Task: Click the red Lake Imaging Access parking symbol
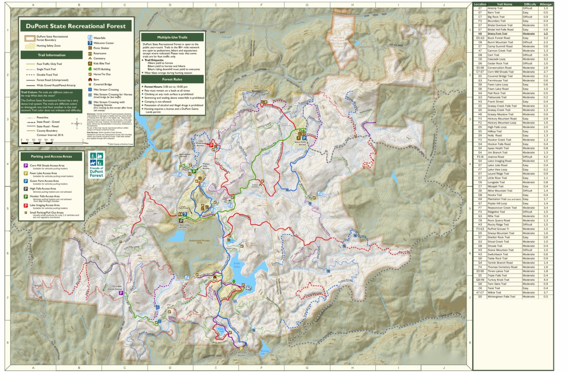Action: (212, 146)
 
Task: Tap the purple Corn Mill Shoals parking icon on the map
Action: (121, 293)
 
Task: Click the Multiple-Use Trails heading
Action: (172, 38)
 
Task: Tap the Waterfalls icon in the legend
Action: (90, 38)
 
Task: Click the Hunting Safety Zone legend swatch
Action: (29, 46)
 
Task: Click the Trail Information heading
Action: (51, 55)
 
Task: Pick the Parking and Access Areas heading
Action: (51, 156)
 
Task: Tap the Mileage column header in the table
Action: (546, 4)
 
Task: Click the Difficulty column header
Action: (529, 4)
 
